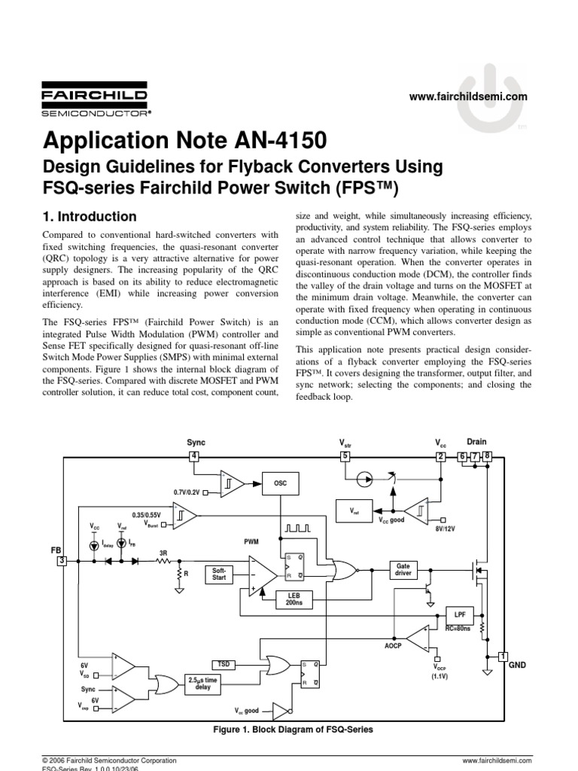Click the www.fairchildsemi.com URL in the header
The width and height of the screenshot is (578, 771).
tap(468, 96)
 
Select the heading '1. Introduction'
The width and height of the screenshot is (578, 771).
tap(91, 217)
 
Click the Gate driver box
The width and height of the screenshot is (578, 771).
tap(404, 570)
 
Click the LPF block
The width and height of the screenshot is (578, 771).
tap(459, 614)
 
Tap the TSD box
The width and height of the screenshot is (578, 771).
tap(224, 664)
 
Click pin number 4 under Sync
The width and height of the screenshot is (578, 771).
tap(194, 456)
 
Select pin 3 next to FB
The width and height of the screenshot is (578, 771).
tap(62, 561)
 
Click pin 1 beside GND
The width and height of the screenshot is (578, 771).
tap(503, 656)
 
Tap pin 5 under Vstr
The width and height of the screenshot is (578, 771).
tap(345, 456)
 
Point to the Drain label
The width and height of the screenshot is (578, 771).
tap(477, 442)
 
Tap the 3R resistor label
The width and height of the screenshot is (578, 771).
tap(163, 552)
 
